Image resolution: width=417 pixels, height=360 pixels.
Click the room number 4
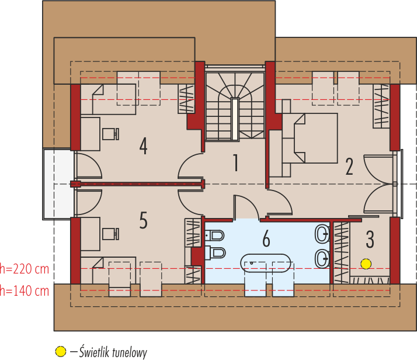coord(143,146)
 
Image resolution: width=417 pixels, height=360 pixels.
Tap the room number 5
coord(143,220)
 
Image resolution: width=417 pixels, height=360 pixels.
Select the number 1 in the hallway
coord(235,162)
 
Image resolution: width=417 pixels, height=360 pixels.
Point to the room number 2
coord(349,167)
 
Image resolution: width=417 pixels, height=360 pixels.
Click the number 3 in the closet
coord(370,240)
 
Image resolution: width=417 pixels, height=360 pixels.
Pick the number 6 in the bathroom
coord(266,238)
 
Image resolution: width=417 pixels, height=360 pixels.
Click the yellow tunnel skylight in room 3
coord(366,264)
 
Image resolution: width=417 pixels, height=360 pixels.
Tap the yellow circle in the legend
coord(61,351)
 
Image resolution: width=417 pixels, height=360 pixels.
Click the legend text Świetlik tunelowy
coord(113,352)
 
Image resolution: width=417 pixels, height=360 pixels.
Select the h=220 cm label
coord(25,269)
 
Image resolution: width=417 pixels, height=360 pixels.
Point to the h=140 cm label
coord(25,291)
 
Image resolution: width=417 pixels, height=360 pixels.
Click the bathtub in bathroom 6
coord(266,264)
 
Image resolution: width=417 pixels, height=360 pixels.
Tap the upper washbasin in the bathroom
coord(322,234)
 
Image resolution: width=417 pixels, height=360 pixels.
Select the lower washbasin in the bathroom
coord(322,258)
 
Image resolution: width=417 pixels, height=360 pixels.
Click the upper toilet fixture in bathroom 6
coord(214,236)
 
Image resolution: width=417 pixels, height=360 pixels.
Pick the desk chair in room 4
coord(110,134)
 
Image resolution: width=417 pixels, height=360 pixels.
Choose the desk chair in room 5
coord(110,234)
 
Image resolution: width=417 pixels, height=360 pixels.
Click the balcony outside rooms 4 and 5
coord(58,184)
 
